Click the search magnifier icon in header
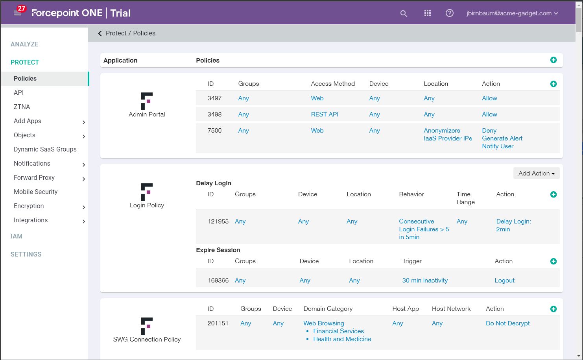coord(404,13)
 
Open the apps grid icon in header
coord(428,13)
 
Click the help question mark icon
coord(450,13)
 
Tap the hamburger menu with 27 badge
coord(17,13)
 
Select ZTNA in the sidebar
coord(22,107)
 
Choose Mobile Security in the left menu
coord(36,192)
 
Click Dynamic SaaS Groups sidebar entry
coord(45,150)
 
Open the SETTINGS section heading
coord(26,255)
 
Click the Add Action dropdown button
coord(536,174)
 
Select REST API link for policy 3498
coord(325,114)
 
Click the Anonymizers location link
coord(442,131)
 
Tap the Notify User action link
coord(498,146)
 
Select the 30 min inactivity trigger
coord(425,281)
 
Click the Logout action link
coord(504,281)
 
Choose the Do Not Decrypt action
coord(507,323)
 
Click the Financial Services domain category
coord(338,331)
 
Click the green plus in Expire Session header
coord(553,262)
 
